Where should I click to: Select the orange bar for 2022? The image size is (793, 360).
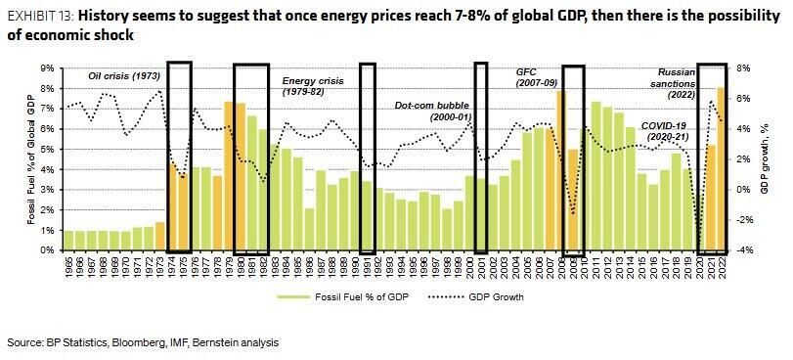point(721,168)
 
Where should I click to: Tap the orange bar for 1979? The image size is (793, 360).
point(229,176)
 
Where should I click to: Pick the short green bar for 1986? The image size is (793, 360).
point(309,229)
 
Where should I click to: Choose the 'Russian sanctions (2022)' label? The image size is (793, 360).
point(676,83)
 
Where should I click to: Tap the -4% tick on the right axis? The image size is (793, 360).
point(742,250)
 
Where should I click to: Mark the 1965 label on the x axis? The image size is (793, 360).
point(68,269)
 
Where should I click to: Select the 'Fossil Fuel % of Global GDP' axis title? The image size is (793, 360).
point(31,159)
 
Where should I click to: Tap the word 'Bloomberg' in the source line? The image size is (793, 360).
point(130,342)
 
